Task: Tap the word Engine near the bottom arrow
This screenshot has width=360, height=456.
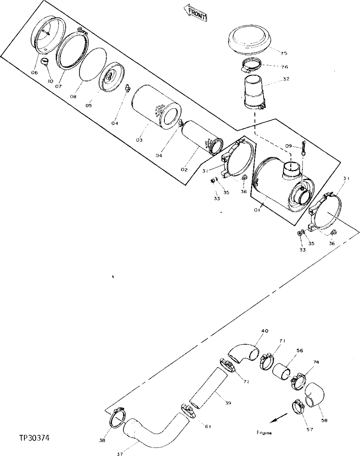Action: coord(264,433)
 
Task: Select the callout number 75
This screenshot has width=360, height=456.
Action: coord(284,53)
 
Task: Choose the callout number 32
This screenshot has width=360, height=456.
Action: coord(286,79)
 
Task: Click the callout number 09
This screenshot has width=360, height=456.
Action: coord(288,146)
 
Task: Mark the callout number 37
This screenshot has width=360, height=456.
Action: coord(120,454)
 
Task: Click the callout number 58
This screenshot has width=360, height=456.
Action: coord(324,421)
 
